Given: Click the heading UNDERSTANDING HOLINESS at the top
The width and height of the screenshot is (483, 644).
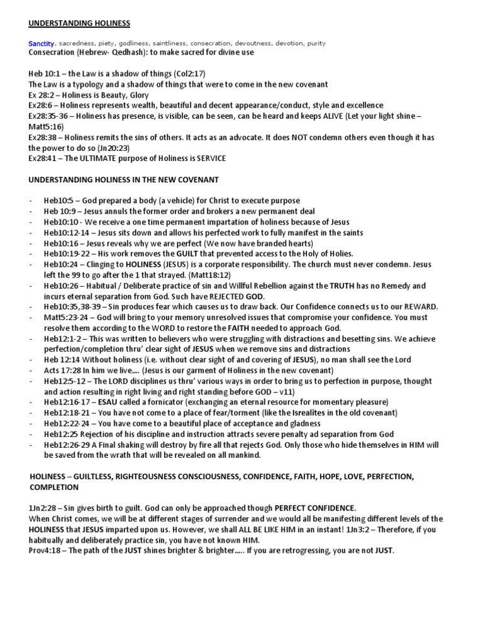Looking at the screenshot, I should tap(79, 23).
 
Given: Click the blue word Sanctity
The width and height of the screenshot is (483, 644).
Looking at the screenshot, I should tap(42, 43).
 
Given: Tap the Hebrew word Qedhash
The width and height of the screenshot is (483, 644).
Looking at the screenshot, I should tap(121, 52).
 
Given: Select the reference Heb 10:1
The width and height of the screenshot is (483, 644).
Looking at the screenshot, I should tap(45, 74).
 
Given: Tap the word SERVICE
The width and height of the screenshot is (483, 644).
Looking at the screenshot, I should tap(208, 158).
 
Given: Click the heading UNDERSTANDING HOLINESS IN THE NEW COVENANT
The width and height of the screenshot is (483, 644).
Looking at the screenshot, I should tap(124, 179).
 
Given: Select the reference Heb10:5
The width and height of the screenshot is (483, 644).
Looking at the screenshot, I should tap(60, 201).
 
